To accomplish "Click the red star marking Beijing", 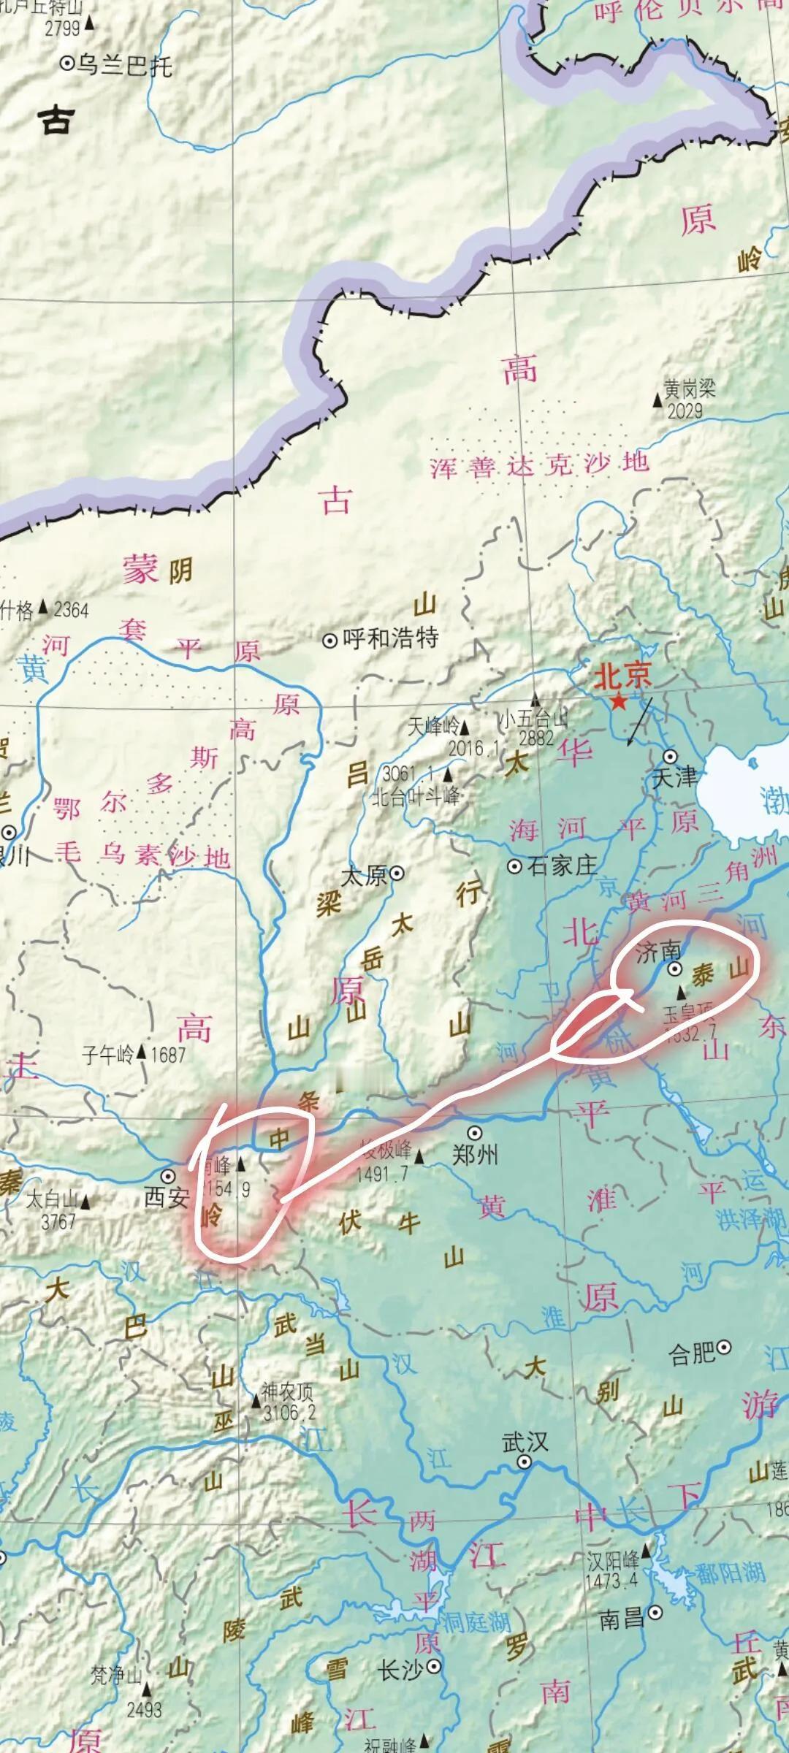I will pos(619,702).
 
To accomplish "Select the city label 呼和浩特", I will pos(390,638).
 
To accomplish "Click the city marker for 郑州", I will pos(475,1133).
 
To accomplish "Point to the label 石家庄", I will pos(562,866).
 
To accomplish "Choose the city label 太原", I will pos(365,875).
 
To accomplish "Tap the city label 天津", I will pos(674,778).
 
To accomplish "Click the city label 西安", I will pos(167,1199).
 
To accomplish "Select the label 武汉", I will pos(525,1442).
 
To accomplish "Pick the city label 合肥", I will pos(691,1353).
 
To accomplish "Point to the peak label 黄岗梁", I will pos(689,388).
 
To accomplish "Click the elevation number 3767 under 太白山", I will pos(58,1222).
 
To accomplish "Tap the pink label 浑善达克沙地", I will pos(539,465).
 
